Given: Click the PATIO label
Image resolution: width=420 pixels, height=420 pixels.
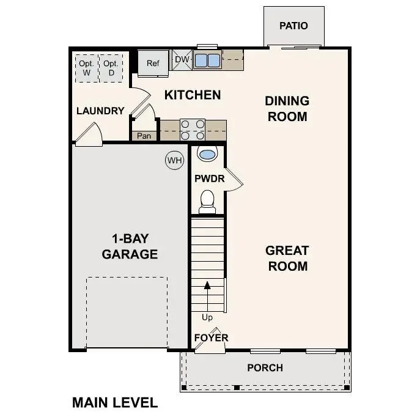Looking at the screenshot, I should (293, 26).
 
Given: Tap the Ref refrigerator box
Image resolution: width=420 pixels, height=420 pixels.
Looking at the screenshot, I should (152, 63).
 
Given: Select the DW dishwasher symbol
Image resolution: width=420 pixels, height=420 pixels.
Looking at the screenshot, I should (182, 59).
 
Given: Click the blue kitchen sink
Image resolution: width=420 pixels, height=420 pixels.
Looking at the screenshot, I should (208, 60).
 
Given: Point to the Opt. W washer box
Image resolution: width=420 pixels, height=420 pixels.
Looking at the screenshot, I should (86, 68).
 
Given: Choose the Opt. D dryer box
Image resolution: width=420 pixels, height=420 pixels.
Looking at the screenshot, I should (110, 68).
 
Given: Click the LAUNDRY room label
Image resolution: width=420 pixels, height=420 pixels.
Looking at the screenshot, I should (100, 111).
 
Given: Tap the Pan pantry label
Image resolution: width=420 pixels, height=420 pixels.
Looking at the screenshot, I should (144, 136).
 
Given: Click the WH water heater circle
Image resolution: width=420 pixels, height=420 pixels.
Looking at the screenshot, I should (175, 160).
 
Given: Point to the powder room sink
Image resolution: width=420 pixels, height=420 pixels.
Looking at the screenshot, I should (208, 154).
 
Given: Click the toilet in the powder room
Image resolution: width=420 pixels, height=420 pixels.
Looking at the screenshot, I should (208, 201).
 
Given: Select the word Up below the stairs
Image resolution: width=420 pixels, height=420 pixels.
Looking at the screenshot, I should (207, 317).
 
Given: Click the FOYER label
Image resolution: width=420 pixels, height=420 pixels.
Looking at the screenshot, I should (211, 337).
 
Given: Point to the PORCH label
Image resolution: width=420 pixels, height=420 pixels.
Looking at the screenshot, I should (265, 367).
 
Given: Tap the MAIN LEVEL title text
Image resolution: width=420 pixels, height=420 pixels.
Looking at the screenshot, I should (114, 402).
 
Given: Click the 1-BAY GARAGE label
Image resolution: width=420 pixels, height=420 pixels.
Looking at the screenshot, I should (130, 246).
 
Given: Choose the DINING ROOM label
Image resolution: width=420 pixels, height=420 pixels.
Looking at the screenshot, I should (287, 108).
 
